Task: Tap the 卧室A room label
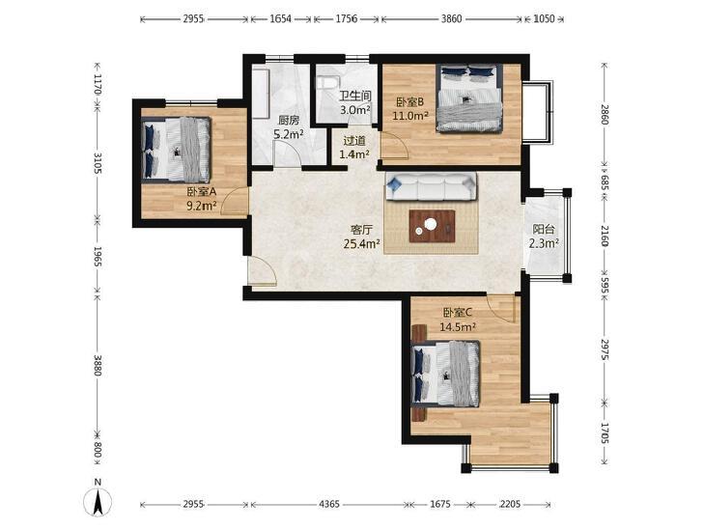coord(202,191)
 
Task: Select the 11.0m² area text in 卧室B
coord(410,116)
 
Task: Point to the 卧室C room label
coord(458,313)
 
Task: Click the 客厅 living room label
coord(362,230)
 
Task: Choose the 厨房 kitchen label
coord(289,121)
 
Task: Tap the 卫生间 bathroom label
coord(354,96)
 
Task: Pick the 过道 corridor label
coord(354,141)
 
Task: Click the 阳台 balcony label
coord(544,230)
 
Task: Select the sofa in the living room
coord(431,186)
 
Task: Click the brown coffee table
coord(432,226)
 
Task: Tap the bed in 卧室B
coord(468,98)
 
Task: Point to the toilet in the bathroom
coord(325,83)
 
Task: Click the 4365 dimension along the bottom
coord(329,504)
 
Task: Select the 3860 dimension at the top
coord(451,19)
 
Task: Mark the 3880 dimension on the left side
coord(98,366)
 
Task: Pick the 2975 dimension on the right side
coord(605,349)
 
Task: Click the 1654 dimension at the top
coord(281,19)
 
